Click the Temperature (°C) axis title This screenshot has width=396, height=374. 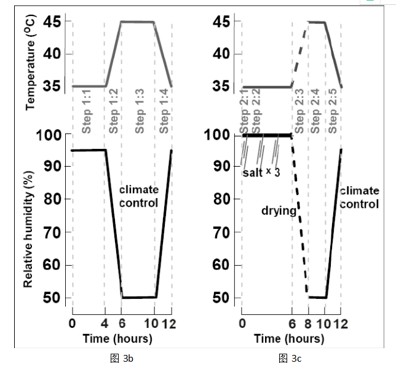pyautogui.click(x=31, y=60)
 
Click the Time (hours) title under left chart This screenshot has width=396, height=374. pyautogui.click(x=118, y=338)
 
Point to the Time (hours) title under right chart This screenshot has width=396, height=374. pyautogui.click(x=289, y=338)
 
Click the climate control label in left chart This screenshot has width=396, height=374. pyautogui.click(x=138, y=196)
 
